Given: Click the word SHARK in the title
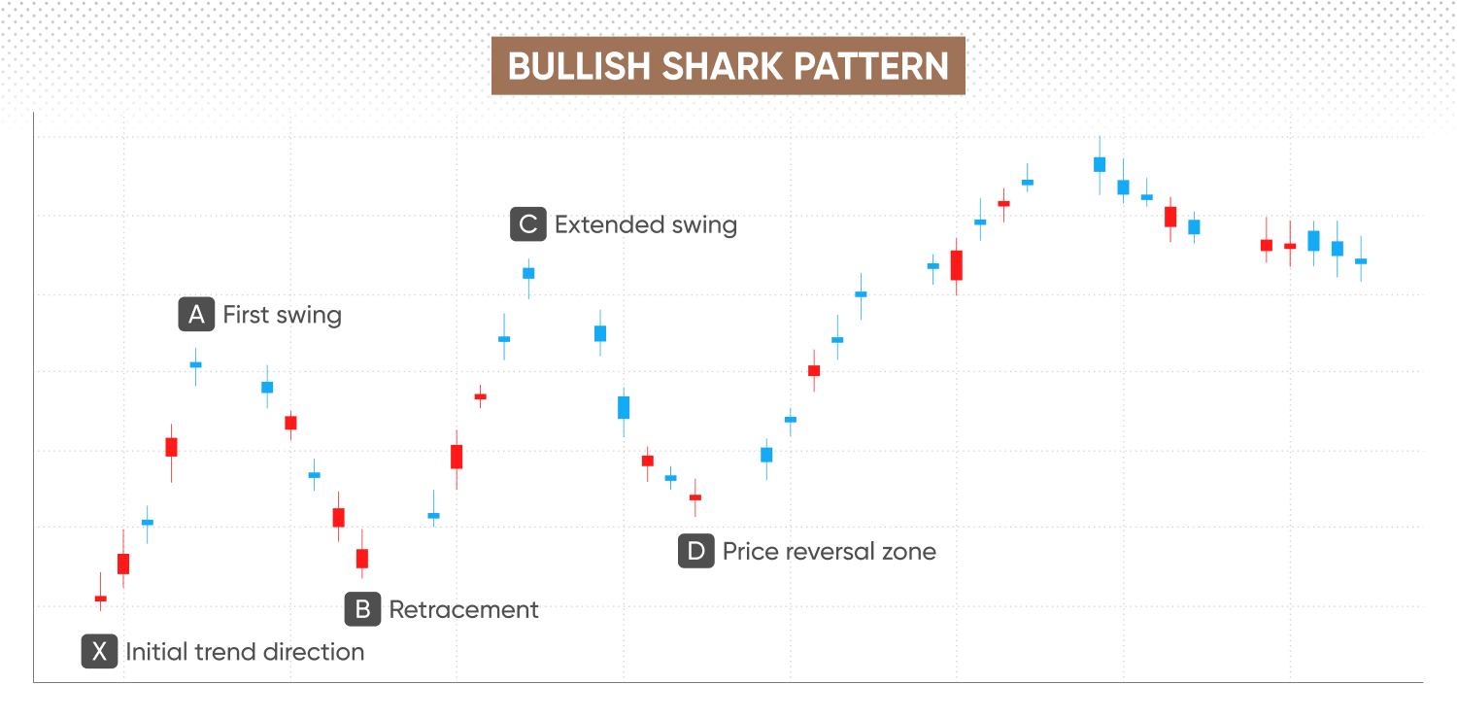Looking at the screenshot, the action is tap(722, 66).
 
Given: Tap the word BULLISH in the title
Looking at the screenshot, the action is tap(578, 66).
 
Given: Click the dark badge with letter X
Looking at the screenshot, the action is tap(99, 651).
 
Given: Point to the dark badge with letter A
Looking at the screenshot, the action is tap(196, 314).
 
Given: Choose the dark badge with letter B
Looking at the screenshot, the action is tap(362, 609).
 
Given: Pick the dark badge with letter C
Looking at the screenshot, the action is tap(528, 224).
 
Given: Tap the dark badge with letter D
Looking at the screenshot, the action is tap(696, 551).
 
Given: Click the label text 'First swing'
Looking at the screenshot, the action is tap(283, 315).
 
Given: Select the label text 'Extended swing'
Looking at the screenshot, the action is tap(646, 225).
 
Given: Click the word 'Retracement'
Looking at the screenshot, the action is tap(463, 609).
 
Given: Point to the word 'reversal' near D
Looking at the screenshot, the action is tap(830, 552).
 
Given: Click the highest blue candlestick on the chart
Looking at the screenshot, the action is tap(1100, 164).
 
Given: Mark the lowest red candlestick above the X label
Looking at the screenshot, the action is tap(101, 598).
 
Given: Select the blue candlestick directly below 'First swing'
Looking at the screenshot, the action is tap(196, 365).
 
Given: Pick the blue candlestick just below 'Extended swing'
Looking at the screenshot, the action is tap(528, 273).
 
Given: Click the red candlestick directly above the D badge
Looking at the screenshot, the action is tap(695, 497).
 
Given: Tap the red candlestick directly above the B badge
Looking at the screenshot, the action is tap(362, 559).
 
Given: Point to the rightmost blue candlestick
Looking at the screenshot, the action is tap(1361, 261).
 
